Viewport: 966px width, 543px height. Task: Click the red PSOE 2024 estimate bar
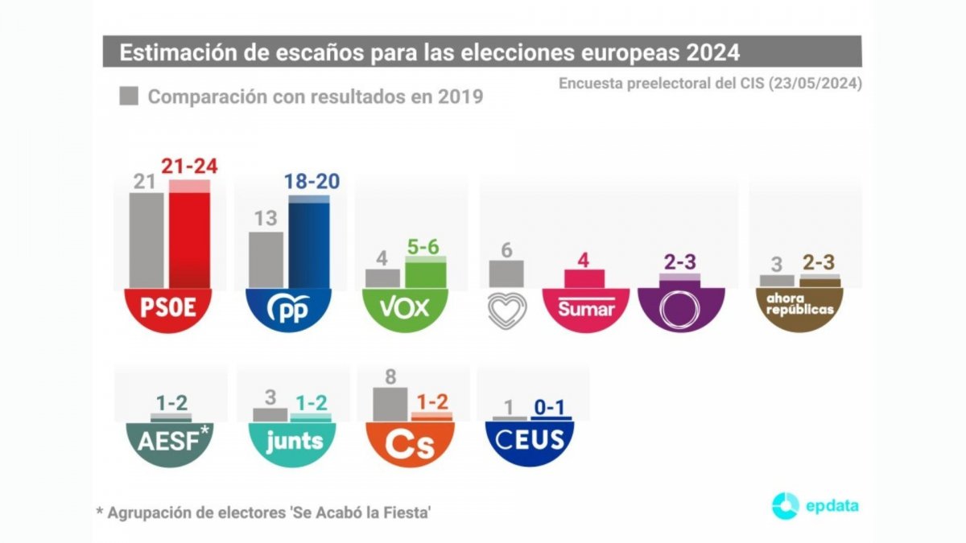(x=189, y=237)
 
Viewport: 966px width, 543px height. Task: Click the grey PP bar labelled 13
(x=266, y=259)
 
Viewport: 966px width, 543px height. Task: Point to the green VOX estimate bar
(x=426, y=274)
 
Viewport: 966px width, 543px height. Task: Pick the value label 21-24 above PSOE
(x=189, y=167)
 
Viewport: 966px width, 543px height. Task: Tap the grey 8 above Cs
(x=390, y=376)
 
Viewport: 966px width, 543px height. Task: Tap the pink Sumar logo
(x=586, y=309)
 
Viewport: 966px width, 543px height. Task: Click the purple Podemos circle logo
(x=680, y=309)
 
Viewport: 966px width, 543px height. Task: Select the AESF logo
(x=170, y=441)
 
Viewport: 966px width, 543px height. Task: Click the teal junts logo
(x=294, y=441)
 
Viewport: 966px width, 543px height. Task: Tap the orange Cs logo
(x=411, y=442)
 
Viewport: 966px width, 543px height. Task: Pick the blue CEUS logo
(x=529, y=441)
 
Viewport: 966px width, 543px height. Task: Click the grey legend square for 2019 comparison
(x=129, y=97)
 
